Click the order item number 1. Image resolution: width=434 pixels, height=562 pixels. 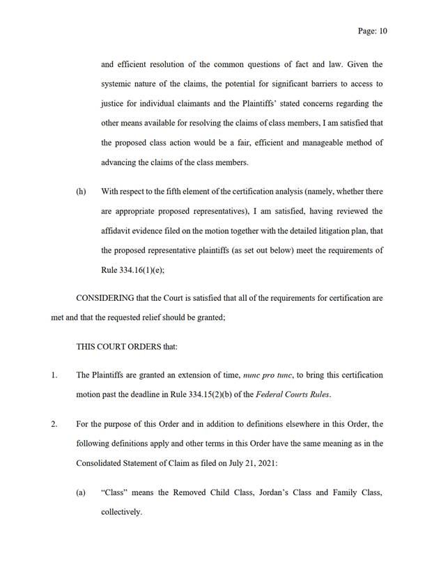pos(54,375)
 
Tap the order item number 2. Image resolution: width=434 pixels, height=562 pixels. pos(54,424)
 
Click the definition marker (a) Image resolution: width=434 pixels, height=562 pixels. pos(81,492)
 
